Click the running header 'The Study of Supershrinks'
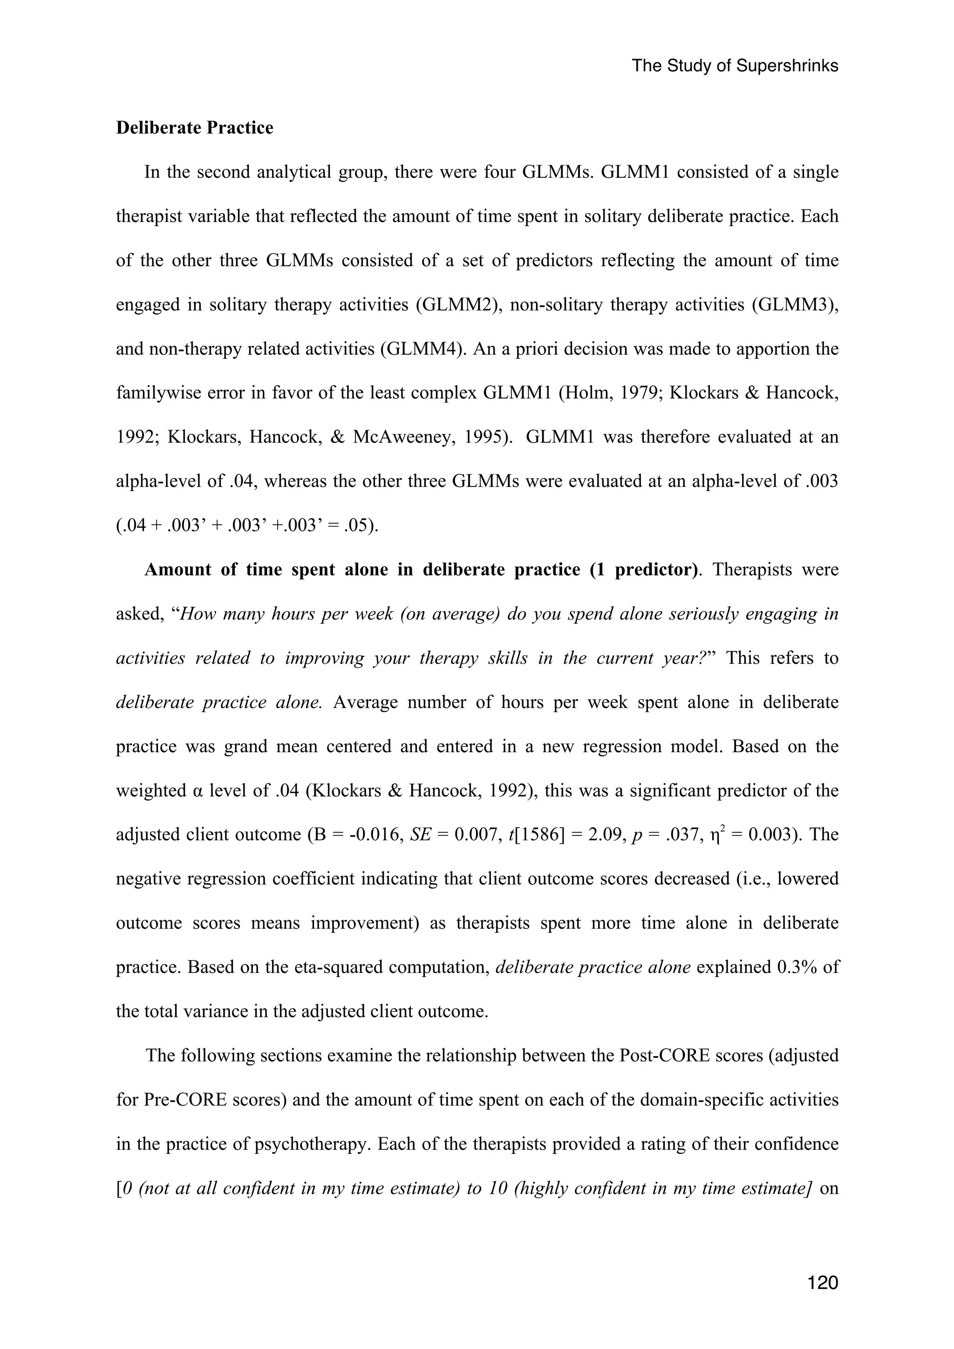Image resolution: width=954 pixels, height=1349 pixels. coord(735,66)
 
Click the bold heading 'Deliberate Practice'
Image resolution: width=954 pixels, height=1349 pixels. coord(195,128)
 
